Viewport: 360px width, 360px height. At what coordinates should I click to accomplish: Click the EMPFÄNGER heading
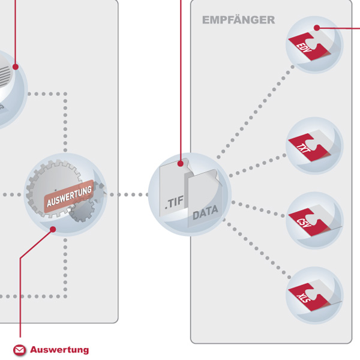click(238, 20)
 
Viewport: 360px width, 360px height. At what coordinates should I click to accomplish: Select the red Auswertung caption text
click(59, 350)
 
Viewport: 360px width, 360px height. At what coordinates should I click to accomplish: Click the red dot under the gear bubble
click(53, 229)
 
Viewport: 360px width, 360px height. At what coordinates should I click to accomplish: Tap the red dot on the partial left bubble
click(16, 67)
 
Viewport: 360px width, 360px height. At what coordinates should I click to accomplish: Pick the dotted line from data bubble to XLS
click(258, 253)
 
